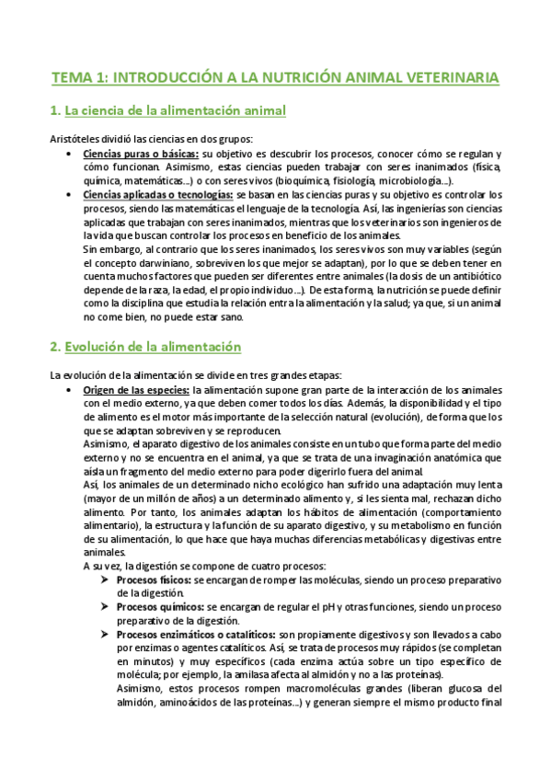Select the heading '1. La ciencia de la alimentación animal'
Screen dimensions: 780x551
[x=168, y=111]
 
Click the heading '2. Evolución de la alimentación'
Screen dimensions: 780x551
[x=145, y=347]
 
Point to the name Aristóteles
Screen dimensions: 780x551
[x=77, y=139]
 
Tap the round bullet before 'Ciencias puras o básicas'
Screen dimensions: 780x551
[x=70, y=154]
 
